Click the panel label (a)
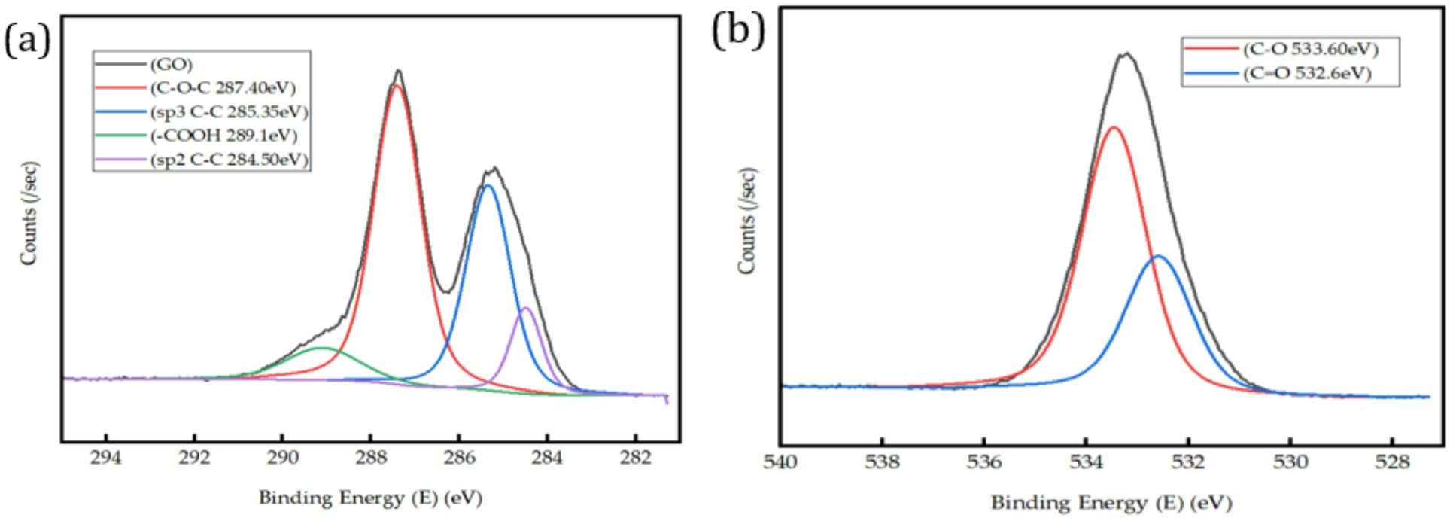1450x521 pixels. point(28,39)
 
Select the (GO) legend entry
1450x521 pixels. point(172,65)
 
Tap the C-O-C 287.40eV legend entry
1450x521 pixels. point(223,88)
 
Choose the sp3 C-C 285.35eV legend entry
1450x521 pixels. point(229,112)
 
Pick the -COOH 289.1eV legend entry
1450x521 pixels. point(223,136)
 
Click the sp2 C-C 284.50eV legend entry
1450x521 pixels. point(229,160)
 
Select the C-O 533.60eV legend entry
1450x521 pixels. point(1310,50)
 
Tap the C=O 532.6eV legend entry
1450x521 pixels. point(1307,74)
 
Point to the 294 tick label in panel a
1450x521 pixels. point(106,458)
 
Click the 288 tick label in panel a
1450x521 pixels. point(371,458)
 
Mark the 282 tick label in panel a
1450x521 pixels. point(636,458)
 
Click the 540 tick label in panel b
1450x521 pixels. point(780,462)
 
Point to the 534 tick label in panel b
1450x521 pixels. point(1086,462)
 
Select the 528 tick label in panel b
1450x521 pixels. point(1392,462)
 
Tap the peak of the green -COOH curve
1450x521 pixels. point(322,348)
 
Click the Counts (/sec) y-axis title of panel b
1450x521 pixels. point(747,221)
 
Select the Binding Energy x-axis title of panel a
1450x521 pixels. point(370,498)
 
